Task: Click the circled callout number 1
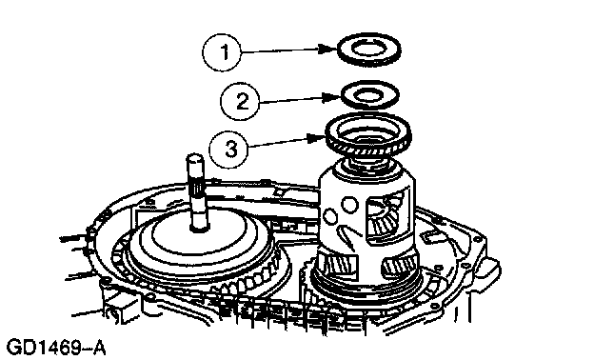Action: pyautogui.click(x=222, y=52)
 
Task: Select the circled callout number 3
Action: pyautogui.click(x=228, y=149)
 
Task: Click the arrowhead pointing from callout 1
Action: pyautogui.click(x=327, y=49)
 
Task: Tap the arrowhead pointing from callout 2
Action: pyautogui.click(x=332, y=97)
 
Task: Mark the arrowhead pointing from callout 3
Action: pyautogui.click(x=317, y=138)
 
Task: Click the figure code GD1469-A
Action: pyautogui.click(x=57, y=348)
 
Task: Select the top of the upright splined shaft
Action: pyautogui.click(x=195, y=158)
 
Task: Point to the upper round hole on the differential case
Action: pyautogui.click(x=349, y=204)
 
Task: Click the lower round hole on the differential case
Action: pyautogui.click(x=330, y=217)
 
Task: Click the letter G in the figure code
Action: pyautogui.click(x=15, y=348)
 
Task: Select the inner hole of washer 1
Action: pyautogui.click(x=368, y=49)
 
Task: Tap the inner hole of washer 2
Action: pyautogui.click(x=370, y=94)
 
